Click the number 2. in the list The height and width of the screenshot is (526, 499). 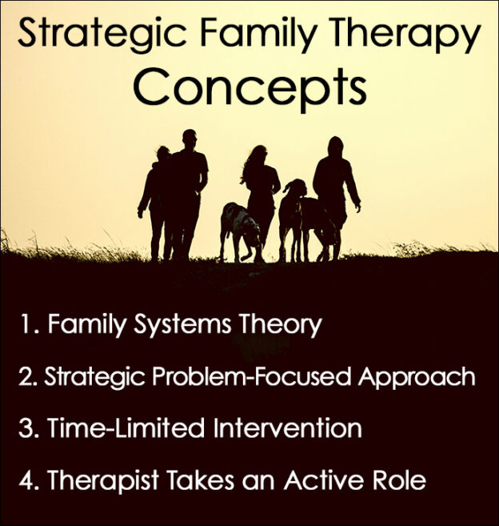[30, 376]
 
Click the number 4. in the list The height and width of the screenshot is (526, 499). [30, 480]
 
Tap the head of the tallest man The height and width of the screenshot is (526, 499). [189, 138]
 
